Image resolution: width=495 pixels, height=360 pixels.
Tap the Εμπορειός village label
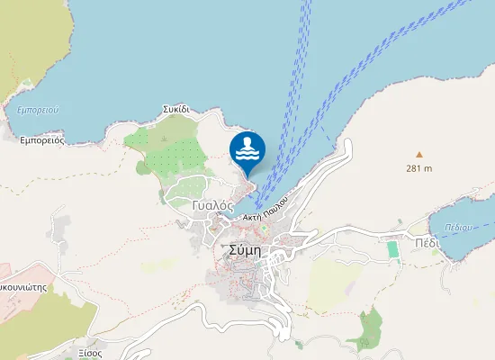41,140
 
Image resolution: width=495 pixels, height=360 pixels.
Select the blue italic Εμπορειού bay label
38,110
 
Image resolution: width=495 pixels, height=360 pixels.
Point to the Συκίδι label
175,109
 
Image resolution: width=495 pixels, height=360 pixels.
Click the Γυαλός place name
212,205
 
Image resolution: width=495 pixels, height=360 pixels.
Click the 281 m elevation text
418,168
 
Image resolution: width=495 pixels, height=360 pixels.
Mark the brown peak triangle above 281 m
418,155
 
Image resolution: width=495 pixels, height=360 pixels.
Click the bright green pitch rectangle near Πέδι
392,248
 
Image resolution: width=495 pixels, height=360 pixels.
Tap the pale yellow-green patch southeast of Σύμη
333,286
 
